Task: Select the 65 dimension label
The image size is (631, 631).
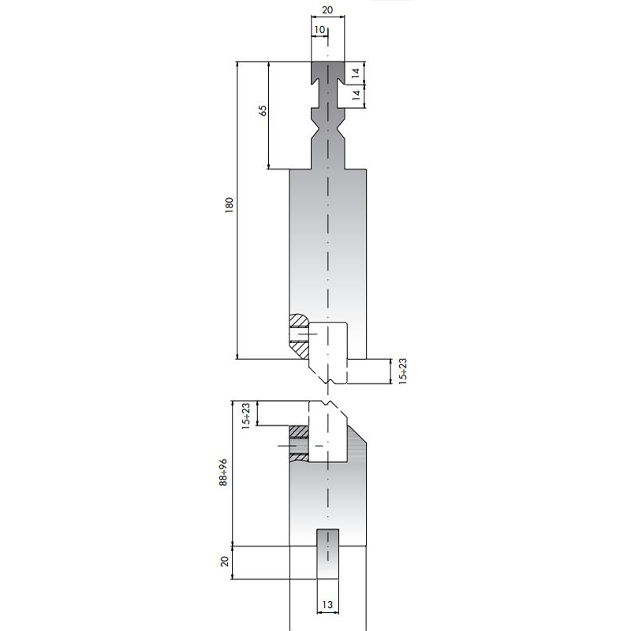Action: pyautogui.click(x=262, y=111)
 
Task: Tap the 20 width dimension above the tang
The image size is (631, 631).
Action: pyautogui.click(x=328, y=10)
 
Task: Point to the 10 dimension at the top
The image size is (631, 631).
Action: pyautogui.click(x=319, y=29)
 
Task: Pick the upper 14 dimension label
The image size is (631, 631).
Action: pyautogui.click(x=356, y=72)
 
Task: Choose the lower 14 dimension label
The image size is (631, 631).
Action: pyautogui.click(x=356, y=95)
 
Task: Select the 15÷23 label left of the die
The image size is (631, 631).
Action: pyautogui.click(x=245, y=416)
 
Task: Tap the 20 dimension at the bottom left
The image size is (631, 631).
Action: pyautogui.click(x=225, y=562)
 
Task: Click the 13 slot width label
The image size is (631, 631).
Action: pyautogui.click(x=328, y=605)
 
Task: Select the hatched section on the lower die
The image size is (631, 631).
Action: pyautogui.click(x=298, y=444)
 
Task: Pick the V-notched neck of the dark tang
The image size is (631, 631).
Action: pyautogui.click(x=328, y=126)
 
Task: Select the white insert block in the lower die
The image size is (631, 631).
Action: pyautogui.click(x=327, y=438)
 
